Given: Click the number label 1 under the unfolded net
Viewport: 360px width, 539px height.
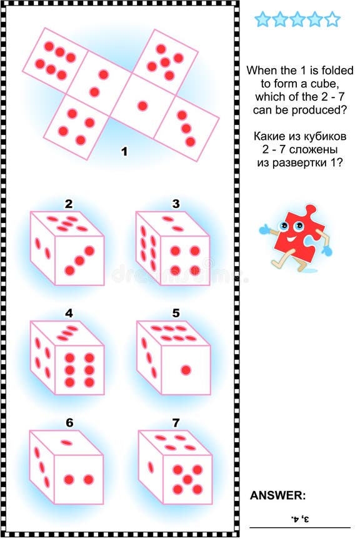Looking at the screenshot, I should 124,151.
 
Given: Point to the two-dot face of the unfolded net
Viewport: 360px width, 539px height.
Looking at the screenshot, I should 99,83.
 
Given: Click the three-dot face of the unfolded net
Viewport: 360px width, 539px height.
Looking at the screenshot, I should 186,128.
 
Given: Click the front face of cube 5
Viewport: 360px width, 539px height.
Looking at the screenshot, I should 185,370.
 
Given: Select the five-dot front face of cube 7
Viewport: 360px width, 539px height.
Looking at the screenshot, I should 186,478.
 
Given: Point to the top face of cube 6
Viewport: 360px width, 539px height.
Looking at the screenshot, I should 66,443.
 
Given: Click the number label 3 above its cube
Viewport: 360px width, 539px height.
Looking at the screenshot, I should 176,204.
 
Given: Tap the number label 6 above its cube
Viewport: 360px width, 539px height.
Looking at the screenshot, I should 69,423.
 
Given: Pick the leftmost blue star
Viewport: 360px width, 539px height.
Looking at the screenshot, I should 262,19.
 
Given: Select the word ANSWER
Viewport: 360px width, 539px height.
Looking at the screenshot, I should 278,495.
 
